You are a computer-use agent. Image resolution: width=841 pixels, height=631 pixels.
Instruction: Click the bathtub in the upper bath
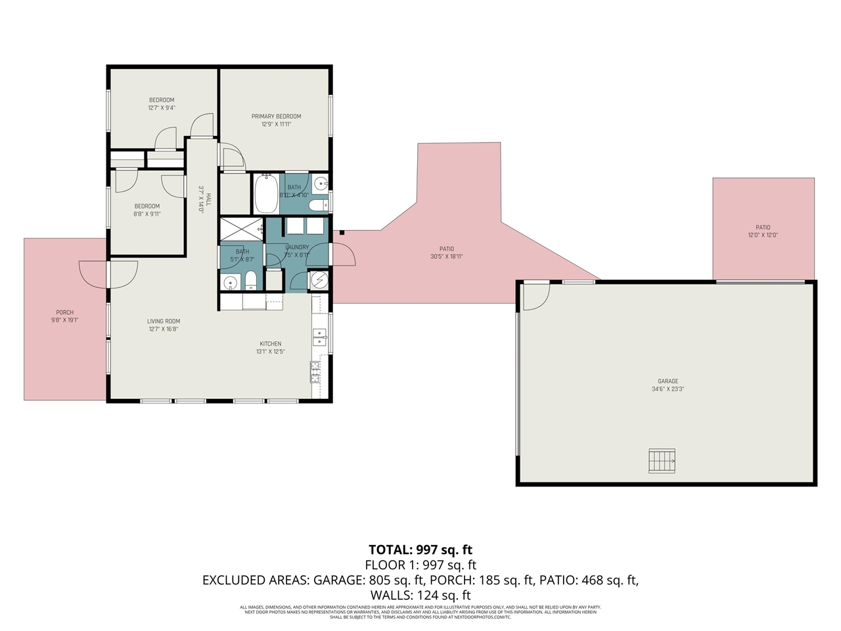point(266,193)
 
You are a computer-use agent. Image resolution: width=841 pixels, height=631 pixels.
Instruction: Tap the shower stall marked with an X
point(241,229)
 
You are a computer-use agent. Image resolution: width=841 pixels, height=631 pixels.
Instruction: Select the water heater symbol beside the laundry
point(319,280)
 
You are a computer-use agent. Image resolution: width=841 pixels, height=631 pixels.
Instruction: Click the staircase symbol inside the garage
point(662,461)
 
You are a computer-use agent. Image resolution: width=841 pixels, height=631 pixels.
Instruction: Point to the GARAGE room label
point(668,381)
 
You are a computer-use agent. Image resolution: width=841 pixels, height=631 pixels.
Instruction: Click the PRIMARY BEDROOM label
point(276,116)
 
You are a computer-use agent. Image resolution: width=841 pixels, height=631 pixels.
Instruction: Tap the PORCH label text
point(64,313)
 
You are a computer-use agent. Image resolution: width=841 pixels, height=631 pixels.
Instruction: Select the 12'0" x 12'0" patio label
point(762,235)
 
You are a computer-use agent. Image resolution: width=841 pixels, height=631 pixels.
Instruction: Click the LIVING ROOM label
point(163,321)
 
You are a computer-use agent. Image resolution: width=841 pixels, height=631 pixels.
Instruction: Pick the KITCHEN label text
point(270,344)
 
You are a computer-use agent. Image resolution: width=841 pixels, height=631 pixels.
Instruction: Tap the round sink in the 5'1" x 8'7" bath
point(229,283)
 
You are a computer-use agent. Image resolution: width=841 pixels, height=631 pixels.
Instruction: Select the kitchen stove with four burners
point(315,371)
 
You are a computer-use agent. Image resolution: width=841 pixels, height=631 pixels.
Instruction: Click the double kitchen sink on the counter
point(319,337)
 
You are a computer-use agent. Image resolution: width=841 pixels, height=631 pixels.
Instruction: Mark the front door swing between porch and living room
point(108,274)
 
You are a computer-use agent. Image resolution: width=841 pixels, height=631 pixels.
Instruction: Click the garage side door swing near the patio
point(535,296)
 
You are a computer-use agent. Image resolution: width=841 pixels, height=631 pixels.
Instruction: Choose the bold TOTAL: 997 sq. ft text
point(420,550)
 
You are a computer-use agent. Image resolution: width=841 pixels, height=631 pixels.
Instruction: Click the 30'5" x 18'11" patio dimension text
point(446,257)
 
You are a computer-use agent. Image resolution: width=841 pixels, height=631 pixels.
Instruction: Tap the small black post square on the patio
point(342,232)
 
